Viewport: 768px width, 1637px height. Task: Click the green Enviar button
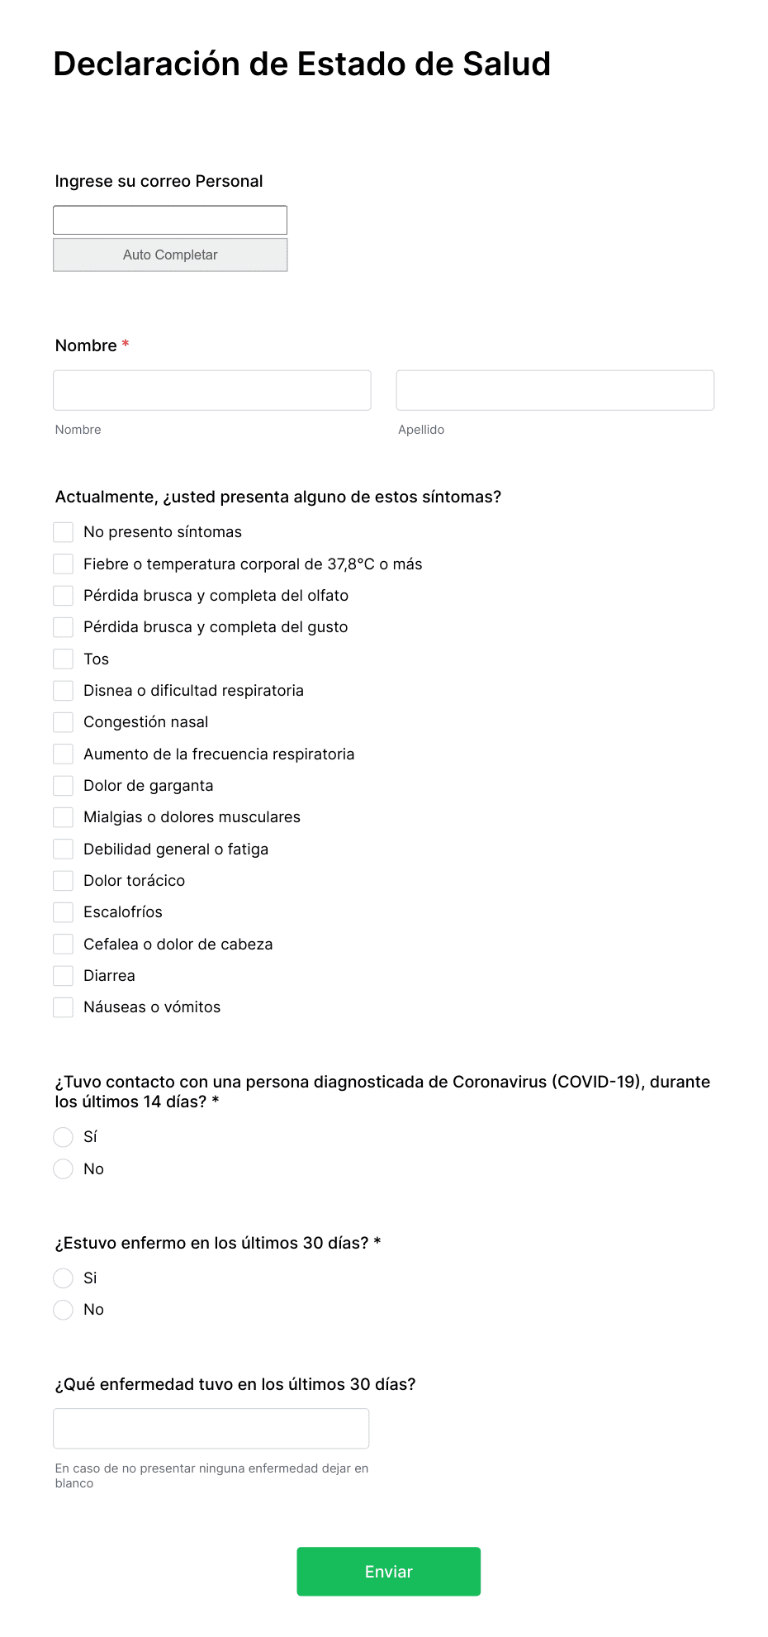[x=388, y=1571]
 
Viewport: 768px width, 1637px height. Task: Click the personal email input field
[x=170, y=220]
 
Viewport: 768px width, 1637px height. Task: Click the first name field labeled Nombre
[x=212, y=390]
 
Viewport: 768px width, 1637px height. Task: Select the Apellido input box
[x=555, y=390]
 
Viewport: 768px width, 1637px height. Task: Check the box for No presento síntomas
[x=64, y=532]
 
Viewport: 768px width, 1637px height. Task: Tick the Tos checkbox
[x=64, y=659]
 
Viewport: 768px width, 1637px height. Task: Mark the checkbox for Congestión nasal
[x=64, y=722]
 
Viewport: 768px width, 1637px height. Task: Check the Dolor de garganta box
[x=64, y=785]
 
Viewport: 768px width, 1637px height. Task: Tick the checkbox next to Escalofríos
[x=64, y=912]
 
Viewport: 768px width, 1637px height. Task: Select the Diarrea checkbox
[x=64, y=976]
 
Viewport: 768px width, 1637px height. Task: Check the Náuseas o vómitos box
[x=64, y=1007]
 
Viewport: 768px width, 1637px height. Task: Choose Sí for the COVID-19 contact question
[x=64, y=1137]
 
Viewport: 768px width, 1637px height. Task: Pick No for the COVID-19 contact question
[x=64, y=1168]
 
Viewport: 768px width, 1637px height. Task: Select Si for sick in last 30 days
[x=64, y=1278]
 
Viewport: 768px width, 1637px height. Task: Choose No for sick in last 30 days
[x=64, y=1310]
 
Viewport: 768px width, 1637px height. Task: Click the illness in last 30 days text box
[x=211, y=1428]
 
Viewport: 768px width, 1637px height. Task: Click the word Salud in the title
[x=506, y=64]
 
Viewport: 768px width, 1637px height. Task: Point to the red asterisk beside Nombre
[x=126, y=344]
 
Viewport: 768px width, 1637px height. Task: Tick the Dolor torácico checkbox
[x=64, y=881]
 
